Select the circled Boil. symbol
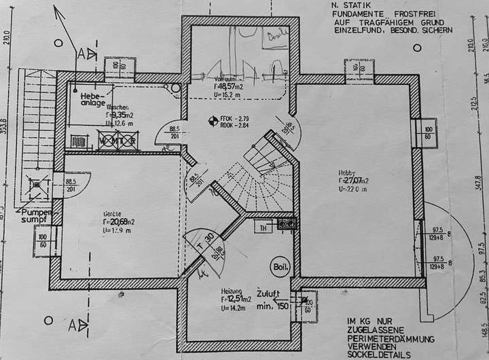pyautogui.click(x=279, y=266)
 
